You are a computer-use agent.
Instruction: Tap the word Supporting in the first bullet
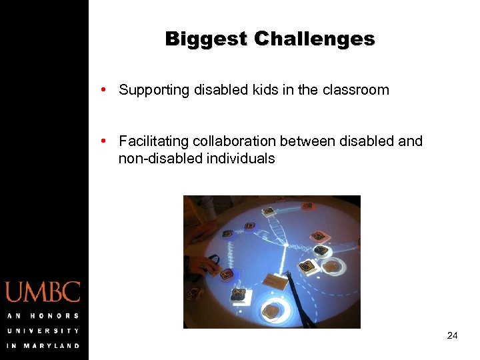153,91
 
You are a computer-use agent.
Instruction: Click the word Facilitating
154,141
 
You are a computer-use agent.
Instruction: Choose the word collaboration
235,141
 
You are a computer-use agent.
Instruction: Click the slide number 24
452,335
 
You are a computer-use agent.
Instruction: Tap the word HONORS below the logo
53,316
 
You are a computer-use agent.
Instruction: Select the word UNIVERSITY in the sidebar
43,331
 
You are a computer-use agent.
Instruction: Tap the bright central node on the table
285,245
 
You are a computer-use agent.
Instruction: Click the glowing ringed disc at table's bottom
273,311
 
